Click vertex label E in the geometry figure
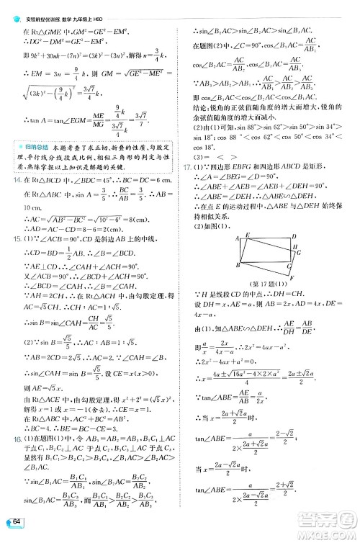point(247,235)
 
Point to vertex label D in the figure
point(292,236)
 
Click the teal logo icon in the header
point(9,8)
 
